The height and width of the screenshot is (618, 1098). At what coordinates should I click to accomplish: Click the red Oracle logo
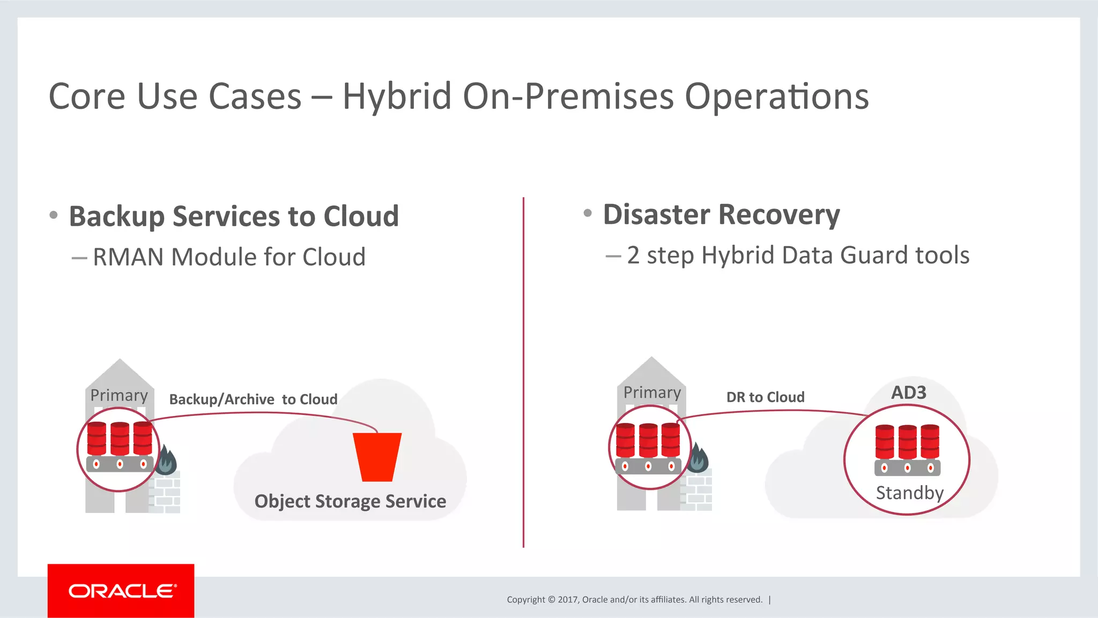(x=121, y=591)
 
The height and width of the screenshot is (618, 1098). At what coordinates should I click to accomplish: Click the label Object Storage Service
(x=350, y=501)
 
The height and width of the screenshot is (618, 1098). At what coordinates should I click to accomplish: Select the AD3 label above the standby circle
(x=908, y=392)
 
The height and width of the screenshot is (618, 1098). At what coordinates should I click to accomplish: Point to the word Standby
(x=909, y=493)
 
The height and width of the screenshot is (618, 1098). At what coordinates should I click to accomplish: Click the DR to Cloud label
(x=765, y=397)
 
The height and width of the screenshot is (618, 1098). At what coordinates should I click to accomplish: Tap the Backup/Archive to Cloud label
(x=253, y=399)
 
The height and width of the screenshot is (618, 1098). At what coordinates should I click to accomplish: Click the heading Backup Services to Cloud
(x=234, y=216)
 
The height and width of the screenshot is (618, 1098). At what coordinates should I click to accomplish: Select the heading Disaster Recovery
(x=721, y=214)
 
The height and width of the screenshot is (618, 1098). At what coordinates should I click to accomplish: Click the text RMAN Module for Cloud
(x=229, y=257)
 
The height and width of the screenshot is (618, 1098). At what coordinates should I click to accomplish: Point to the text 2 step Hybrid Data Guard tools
(x=798, y=255)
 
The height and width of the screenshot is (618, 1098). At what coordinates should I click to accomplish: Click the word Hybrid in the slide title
(x=397, y=96)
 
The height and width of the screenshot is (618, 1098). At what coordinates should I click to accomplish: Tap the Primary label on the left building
(x=119, y=395)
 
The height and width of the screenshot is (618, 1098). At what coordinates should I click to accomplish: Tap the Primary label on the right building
(x=652, y=392)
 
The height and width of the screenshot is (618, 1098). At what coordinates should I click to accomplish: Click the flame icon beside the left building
(x=166, y=460)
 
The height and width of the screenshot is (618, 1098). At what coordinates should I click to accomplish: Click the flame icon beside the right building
(x=698, y=458)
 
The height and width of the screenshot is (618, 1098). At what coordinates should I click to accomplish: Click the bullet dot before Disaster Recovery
(x=588, y=213)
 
